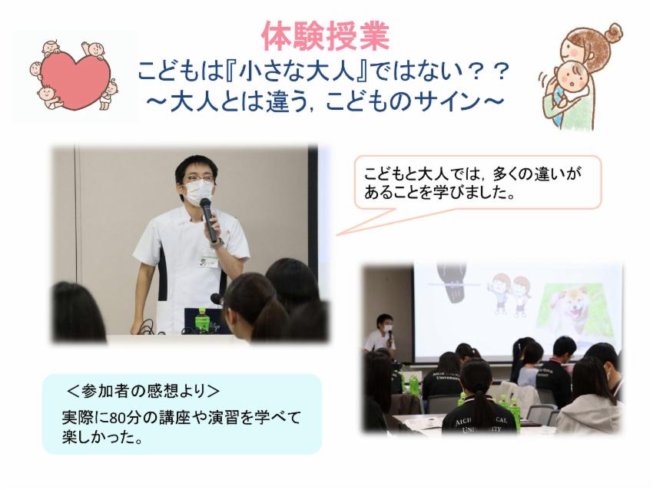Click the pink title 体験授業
(326, 36)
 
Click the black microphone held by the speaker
(208, 220)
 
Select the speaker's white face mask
(199, 193)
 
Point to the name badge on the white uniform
(208, 261)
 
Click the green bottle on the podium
(202, 319)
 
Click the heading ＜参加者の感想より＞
(143, 391)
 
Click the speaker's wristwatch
(218, 243)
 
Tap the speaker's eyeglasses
(199, 180)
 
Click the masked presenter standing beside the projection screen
(383, 334)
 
